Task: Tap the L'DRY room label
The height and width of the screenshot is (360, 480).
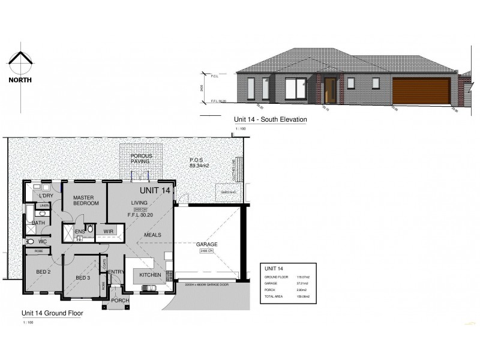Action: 46,196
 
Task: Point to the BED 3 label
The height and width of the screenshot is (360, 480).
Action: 83,277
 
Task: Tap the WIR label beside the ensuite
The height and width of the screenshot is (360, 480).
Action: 109,230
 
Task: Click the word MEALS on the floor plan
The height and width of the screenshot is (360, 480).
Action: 151,235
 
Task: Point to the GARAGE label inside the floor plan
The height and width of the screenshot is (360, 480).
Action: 206,244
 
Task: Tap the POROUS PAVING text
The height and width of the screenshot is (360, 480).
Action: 141,158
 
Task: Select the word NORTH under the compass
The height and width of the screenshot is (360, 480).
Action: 20,79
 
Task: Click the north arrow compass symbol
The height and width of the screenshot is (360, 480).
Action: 20,62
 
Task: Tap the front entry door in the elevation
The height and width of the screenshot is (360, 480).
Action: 329,90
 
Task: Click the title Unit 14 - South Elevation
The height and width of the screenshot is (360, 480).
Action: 270,119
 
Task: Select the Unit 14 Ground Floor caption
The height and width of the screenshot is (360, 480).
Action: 52,313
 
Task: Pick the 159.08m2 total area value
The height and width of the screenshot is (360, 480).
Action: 302,295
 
